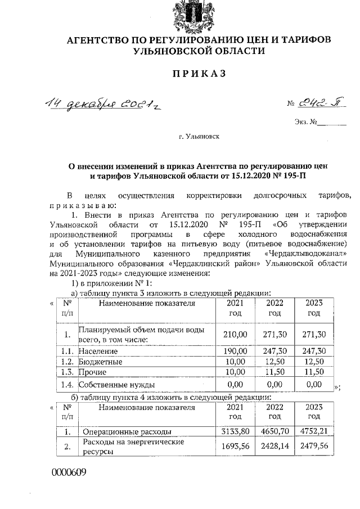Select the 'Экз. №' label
point(305,122)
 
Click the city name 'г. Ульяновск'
point(196,136)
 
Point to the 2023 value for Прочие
point(313,372)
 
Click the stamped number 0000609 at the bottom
point(69,472)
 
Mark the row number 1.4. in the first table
point(67,385)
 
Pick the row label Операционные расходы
point(127,431)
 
